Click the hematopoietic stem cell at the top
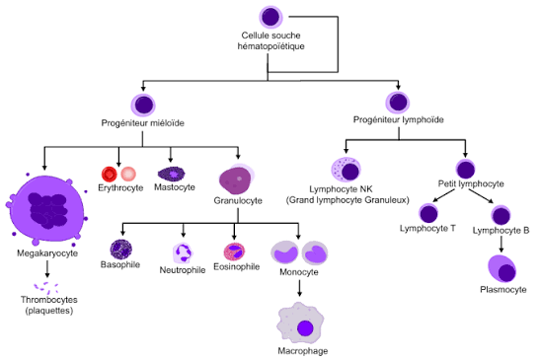tap(272, 18)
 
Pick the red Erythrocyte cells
tap(118, 174)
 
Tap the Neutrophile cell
tap(182, 252)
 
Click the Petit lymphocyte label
tap(470, 183)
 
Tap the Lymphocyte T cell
tap(427, 213)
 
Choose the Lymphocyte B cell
tap(501, 214)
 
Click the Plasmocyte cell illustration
tap(501, 268)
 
